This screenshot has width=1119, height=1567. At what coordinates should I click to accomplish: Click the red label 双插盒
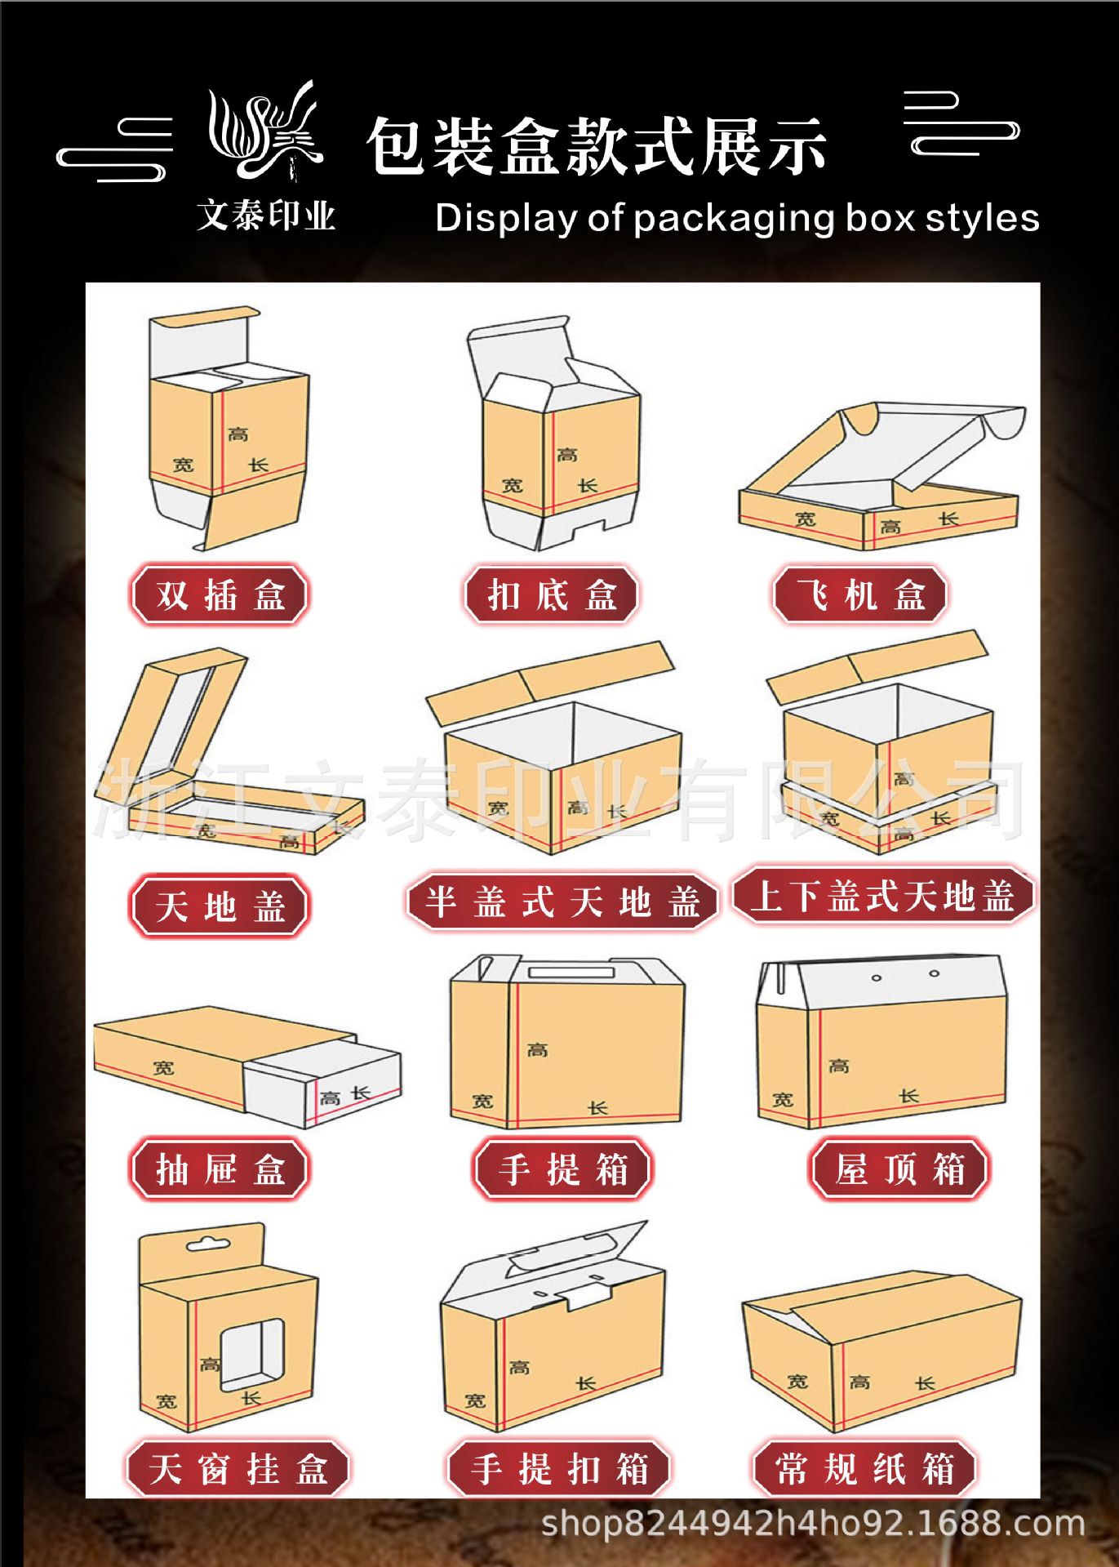[220, 594]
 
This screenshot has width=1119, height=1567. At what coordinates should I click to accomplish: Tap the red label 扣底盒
[551, 594]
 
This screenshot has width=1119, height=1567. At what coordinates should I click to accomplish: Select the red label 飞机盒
[860, 594]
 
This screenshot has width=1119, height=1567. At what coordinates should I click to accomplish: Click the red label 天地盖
[220, 906]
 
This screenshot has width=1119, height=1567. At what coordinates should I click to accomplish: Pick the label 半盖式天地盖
[562, 901]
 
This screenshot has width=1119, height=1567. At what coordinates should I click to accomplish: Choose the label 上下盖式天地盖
[883, 895]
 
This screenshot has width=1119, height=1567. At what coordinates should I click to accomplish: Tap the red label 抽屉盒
[220, 1169]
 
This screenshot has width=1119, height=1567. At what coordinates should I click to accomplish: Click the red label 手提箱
[562, 1169]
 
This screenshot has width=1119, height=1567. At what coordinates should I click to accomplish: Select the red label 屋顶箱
[899, 1169]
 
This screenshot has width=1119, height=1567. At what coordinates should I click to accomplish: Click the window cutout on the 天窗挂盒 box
[253, 1356]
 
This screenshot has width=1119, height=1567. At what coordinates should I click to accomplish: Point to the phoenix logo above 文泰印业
[265, 131]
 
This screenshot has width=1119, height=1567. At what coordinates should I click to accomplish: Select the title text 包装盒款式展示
[596, 147]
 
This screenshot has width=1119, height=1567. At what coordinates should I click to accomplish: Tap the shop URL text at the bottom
[812, 1524]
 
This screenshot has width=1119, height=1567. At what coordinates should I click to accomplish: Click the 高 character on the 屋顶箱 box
[838, 1066]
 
